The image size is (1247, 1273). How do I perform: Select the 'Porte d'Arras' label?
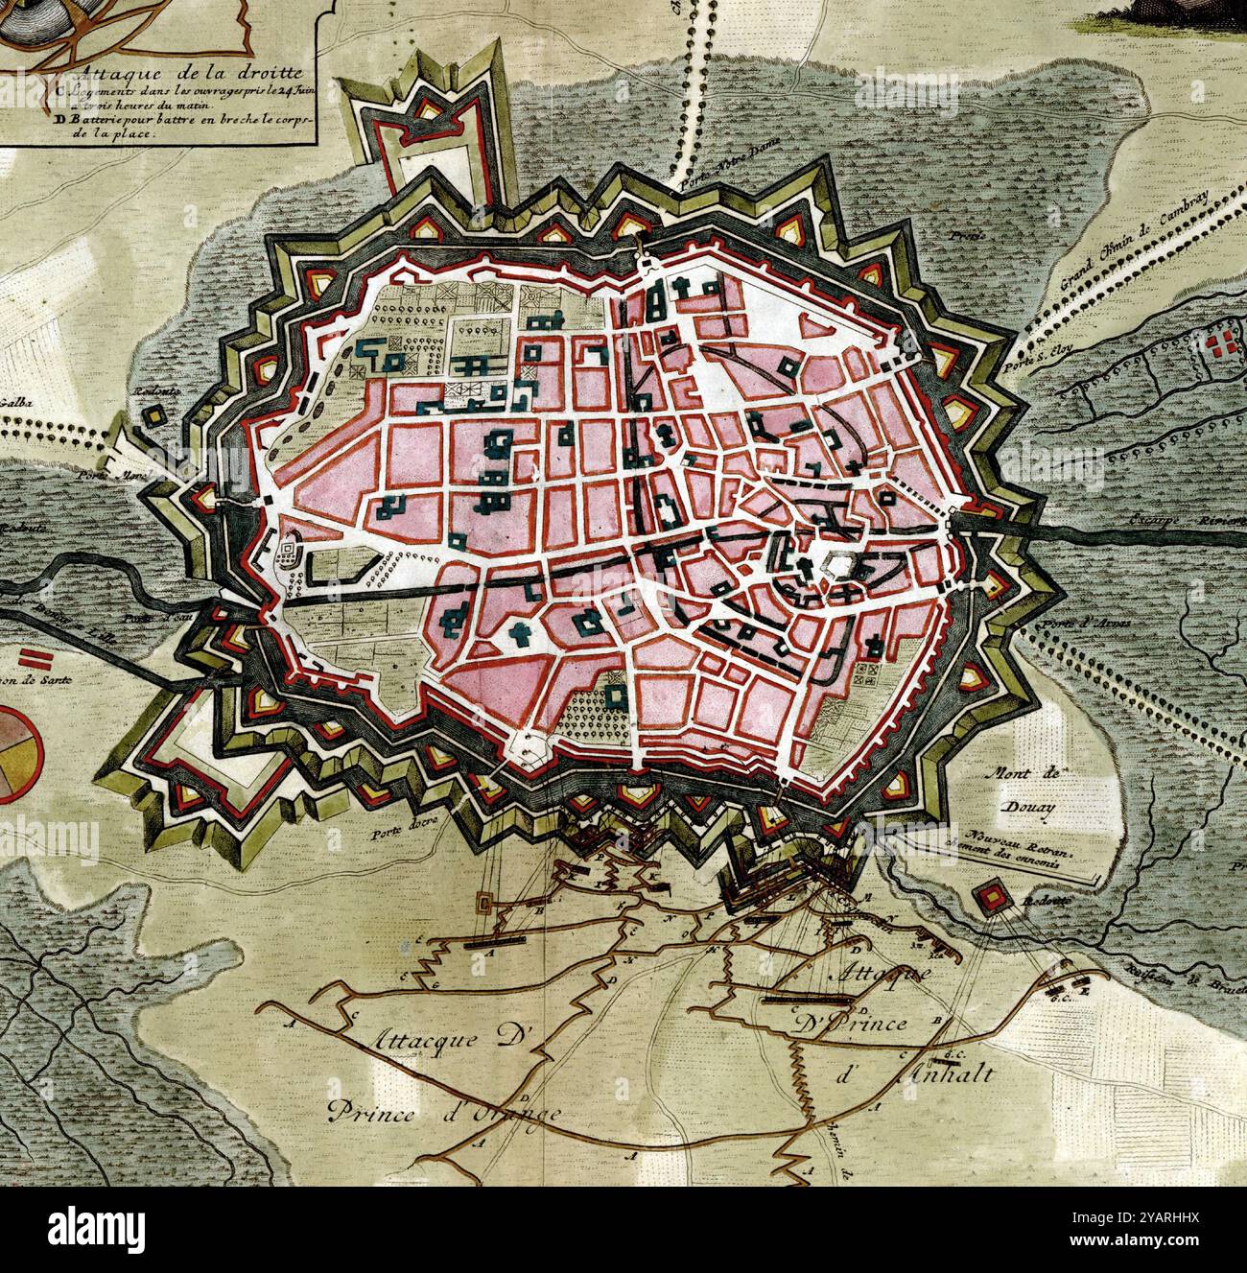1080,623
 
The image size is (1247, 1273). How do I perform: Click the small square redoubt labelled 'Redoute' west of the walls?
153,416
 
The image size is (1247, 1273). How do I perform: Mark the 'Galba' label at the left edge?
17,403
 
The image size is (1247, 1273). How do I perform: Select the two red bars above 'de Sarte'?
36,658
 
